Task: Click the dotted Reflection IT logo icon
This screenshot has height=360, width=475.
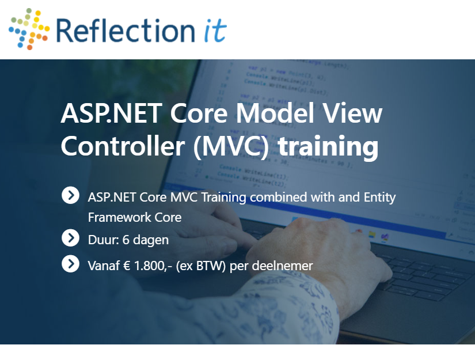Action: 29,29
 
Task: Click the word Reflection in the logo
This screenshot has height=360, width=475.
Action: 126,31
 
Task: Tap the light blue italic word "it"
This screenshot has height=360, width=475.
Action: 215,31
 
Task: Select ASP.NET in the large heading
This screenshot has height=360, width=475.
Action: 111,113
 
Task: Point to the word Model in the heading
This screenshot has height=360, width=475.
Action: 275,113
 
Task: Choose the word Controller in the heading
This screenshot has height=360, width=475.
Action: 123,146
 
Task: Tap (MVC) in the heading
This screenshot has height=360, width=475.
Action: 231,146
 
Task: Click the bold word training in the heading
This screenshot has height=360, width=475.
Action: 328,147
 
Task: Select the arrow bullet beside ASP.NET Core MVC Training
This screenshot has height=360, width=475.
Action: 71,195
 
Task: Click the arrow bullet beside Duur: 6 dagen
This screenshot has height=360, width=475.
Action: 71,238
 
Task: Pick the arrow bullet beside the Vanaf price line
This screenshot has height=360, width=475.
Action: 71,264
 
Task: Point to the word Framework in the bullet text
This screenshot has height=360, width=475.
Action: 119,217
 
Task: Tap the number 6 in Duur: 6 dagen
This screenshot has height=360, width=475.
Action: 126,240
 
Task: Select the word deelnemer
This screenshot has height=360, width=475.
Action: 282,266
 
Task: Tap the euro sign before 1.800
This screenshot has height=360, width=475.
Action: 126,266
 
